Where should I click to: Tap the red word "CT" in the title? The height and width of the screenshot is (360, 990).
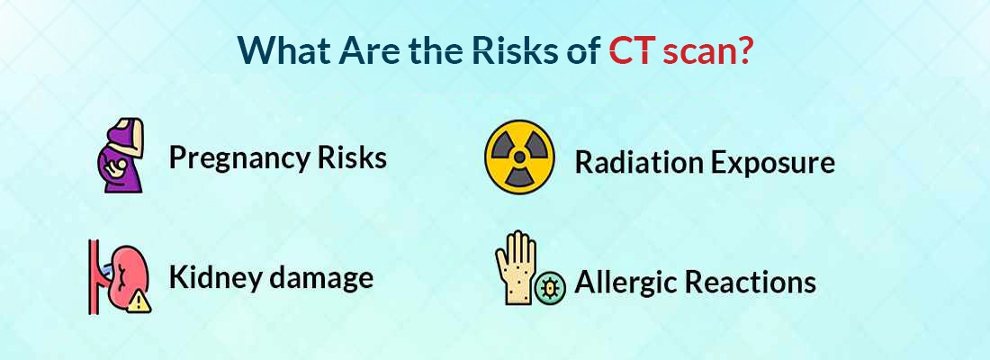[632, 50]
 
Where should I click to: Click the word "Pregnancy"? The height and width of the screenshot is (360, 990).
[235, 159]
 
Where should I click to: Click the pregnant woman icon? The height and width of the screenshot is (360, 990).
[121, 157]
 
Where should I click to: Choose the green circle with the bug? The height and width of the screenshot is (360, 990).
[549, 287]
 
